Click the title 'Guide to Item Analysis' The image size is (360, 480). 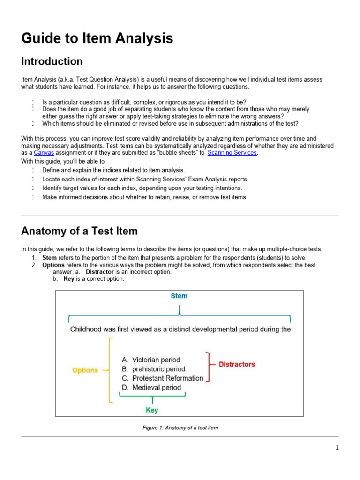(x=97, y=38)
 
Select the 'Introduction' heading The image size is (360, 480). (x=52, y=61)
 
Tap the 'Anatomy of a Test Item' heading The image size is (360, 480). (x=80, y=231)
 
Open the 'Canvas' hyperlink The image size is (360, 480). (x=44, y=153)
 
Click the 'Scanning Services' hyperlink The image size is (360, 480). (x=232, y=153)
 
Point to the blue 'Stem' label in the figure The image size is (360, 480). (x=179, y=296)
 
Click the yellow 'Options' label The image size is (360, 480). (x=85, y=370)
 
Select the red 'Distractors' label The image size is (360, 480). (x=237, y=364)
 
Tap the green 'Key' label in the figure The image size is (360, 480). (x=152, y=410)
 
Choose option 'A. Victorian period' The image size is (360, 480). (x=150, y=360)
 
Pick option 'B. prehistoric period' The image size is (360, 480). (x=153, y=369)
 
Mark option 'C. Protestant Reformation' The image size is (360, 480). (x=162, y=378)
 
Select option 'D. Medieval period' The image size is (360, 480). (x=151, y=388)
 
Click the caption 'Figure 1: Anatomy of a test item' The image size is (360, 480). (x=180, y=428)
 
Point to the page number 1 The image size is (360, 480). (x=337, y=448)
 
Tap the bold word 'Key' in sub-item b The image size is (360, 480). (x=68, y=279)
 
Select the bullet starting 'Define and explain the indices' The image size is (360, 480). (x=113, y=170)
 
